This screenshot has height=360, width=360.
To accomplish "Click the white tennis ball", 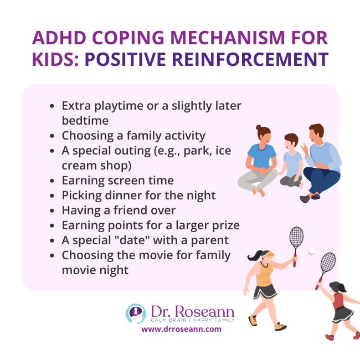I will point(311,251).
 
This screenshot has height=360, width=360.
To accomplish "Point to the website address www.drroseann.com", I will point(181,328).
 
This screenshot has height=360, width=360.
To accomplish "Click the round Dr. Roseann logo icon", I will point(135,313).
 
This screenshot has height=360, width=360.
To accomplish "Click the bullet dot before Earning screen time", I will point(52,181).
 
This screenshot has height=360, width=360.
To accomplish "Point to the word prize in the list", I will point(223,225).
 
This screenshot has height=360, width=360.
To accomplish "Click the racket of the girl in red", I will point(327,264).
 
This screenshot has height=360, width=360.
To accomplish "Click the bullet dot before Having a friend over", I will point(52,211).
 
